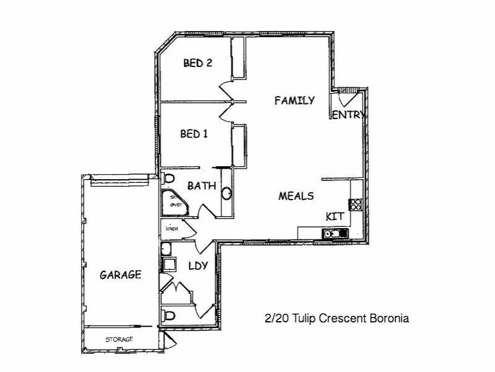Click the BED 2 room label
(x=198, y=63)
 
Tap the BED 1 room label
(x=194, y=134)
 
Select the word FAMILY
(x=295, y=100)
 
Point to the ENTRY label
(x=348, y=115)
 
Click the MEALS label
(x=296, y=196)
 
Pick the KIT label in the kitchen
(x=335, y=216)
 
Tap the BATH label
(x=201, y=185)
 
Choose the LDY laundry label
(x=197, y=266)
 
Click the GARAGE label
(x=121, y=275)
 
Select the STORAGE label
(x=119, y=340)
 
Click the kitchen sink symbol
(x=335, y=233)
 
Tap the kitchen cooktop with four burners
(x=356, y=203)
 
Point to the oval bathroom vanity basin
(x=227, y=193)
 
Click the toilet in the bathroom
(x=168, y=179)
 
